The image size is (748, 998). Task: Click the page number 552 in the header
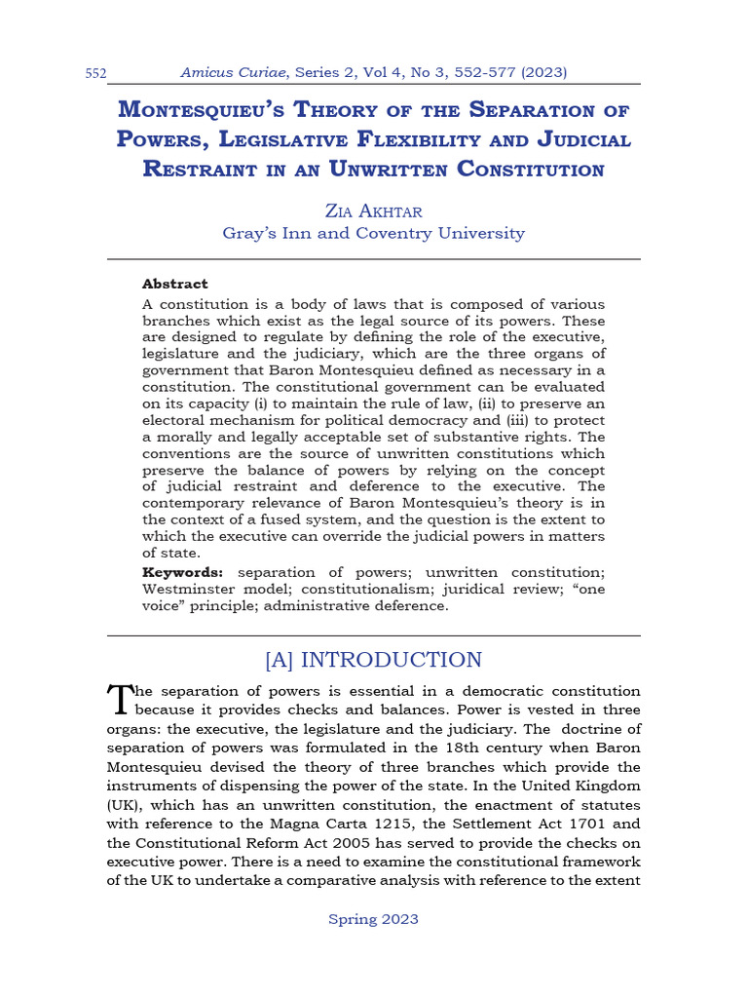click(94, 74)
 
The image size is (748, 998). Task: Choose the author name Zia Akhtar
click(373, 210)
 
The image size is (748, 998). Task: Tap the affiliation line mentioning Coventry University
click(373, 233)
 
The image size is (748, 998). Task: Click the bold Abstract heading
click(174, 284)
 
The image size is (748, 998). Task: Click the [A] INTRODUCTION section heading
click(373, 660)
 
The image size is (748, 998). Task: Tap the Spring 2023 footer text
click(373, 918)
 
